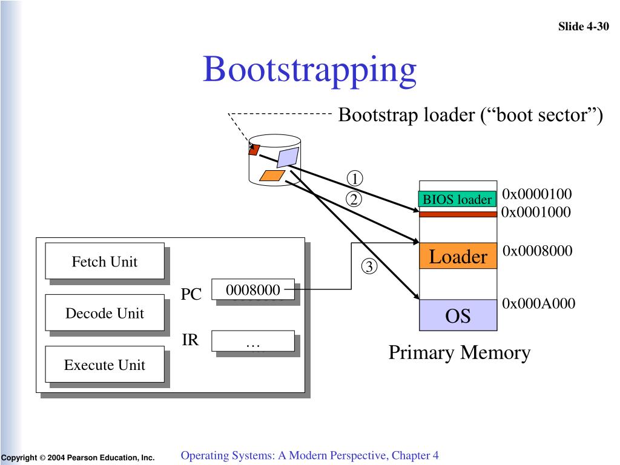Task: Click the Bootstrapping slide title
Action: click(309, 70)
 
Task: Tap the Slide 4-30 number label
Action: click(583, 27)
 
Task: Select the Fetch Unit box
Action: click(105, 261)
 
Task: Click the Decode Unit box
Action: click(105, 313)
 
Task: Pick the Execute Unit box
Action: click(105, 364)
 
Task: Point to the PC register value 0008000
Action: click(253, 289)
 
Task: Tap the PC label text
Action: click(191, 294)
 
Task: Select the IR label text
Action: click(190, 340)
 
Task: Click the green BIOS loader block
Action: click(458, 199)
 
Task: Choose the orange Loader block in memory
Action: click(458, 256)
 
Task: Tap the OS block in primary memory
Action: click(458, 315)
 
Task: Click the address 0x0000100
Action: click(536, 194)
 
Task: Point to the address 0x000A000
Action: click(538, 303)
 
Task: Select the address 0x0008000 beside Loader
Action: click(538, 250)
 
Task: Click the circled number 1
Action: click(355, 179)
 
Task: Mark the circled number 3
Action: click(369, 266)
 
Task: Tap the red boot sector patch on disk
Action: click(254, 150)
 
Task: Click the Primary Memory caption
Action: click(460, 352)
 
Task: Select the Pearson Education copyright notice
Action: click(77, 458)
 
